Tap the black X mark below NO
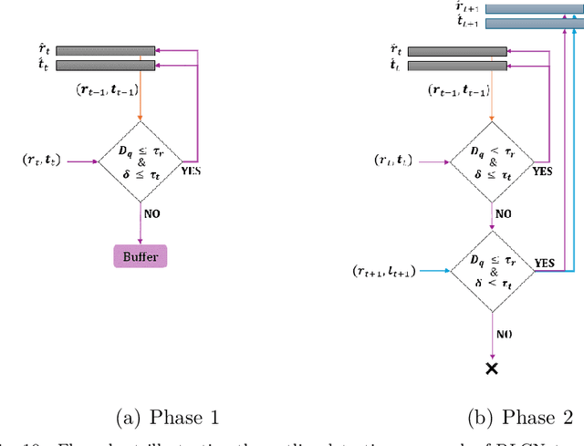[x=493, y=368]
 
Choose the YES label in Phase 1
[x=192, y=170]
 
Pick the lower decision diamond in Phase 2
[x=493, y=271]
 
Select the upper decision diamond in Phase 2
[x=493, y=161]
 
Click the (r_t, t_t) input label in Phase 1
[x=42, y=162]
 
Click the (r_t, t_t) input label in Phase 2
[x=396, y=161]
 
